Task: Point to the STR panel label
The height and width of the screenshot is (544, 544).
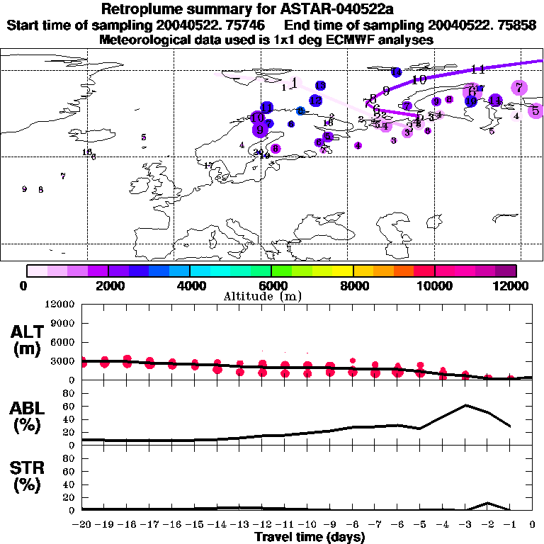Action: click(28, 477)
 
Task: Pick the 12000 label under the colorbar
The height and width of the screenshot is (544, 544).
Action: click(514, 285)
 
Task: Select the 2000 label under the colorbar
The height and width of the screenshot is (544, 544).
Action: click(108, 285)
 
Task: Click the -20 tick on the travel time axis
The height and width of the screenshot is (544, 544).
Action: click(83, 525)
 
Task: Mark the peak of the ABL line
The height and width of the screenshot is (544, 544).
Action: click(465, 405)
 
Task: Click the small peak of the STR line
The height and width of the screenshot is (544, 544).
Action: click(487, 503)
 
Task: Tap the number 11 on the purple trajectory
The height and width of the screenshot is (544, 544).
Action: click(477, 69)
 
